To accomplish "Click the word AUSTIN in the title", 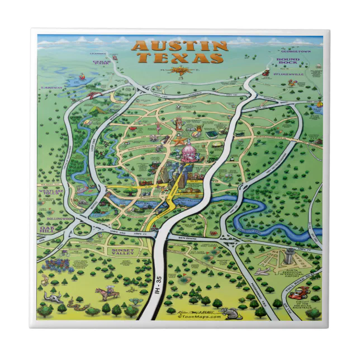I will point(179,46).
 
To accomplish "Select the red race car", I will point(302,291).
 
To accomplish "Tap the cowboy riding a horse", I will point(103,293).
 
